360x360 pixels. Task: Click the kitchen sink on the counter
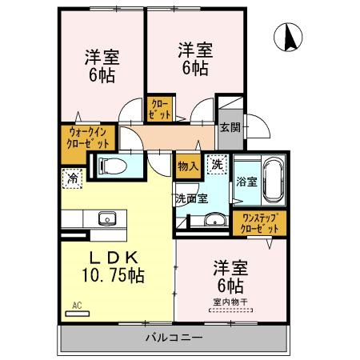(107, 218)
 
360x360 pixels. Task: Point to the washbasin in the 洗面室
(213, 221)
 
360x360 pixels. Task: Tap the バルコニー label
(174, 337)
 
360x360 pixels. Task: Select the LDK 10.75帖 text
(114, 266)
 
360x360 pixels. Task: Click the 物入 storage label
(187, 166)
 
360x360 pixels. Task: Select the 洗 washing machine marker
(216, 165)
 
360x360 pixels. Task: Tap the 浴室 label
(246, 182)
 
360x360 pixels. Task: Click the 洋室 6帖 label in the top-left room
(102, 67)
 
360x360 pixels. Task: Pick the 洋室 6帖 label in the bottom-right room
(228, 274)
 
